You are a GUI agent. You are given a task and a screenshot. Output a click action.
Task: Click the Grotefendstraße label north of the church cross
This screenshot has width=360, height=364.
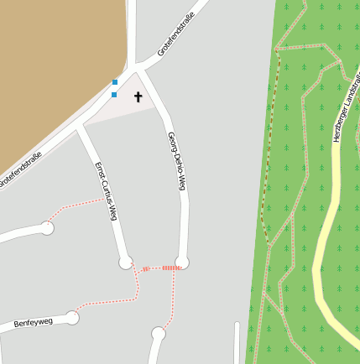click(183, 36)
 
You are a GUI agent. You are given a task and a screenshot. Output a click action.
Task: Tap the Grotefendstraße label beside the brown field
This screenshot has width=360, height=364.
click(23, 165)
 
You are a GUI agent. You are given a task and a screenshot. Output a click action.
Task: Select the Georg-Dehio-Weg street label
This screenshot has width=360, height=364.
click(175, 160)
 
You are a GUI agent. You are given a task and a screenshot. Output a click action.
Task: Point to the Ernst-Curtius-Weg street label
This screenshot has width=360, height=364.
click(104, 190)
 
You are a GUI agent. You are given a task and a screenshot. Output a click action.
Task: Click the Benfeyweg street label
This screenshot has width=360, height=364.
click(34, 322)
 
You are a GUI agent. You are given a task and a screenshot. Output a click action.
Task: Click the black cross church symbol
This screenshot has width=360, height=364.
click(138, 97)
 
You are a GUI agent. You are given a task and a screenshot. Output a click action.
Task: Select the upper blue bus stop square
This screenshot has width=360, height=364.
click(115, 82)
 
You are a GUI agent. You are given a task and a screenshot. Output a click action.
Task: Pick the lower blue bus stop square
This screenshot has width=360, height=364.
click(114, 95)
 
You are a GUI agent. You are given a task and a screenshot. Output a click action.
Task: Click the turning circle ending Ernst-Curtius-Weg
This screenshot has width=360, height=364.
click(126, 263)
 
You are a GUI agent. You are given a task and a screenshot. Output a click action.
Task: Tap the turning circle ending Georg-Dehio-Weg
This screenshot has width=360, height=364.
click(182, 263)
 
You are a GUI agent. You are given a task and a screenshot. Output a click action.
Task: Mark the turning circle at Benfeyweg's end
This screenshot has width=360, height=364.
click(72, 318)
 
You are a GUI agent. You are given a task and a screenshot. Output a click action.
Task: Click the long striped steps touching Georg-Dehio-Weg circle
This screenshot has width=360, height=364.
click(171, 268)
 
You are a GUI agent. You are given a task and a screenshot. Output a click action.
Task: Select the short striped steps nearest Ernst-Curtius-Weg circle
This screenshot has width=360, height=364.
click(146, 268)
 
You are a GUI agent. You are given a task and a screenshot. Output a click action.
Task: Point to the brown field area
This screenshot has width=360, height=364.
click(50, 67)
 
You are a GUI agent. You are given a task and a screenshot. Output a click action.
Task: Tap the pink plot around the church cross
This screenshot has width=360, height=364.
click(126, 105)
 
